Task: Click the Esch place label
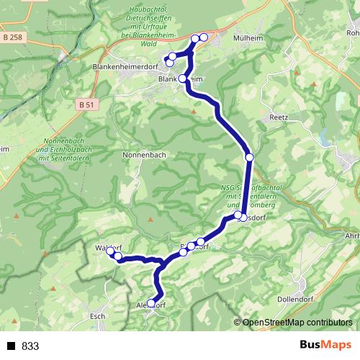[98, 316]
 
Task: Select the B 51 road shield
[86, 105]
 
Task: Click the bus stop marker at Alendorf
[151, 303]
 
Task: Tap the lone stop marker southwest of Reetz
[249, 157]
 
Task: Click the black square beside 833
[12, 346]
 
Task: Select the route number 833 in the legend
[30, 346]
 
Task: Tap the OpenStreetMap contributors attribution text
[297, 323]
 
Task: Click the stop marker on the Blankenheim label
[183, 78]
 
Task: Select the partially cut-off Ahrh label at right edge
[352, 236]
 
